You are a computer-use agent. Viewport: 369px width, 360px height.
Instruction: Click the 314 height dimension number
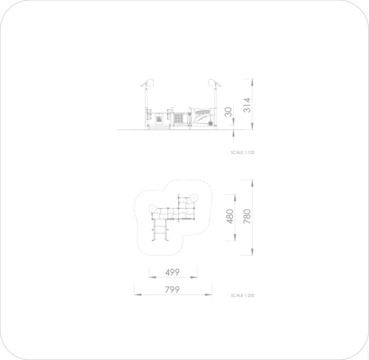(247, 105)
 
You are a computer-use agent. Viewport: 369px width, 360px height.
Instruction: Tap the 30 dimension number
(228, 112)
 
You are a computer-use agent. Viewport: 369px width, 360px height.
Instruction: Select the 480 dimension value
(230, 216)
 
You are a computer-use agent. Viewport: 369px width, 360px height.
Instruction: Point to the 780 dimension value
(247, 216)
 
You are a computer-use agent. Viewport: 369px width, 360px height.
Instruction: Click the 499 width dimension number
(172, 273)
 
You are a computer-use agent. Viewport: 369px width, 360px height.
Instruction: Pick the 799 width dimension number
(172, 290)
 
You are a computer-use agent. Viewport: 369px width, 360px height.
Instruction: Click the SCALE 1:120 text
(243, 152)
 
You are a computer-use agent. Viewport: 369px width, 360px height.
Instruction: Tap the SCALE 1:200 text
(243, 296)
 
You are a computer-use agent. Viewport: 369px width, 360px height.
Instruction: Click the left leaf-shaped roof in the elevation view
(148, 83)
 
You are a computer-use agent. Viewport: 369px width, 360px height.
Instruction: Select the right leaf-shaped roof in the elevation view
(214, 83)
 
